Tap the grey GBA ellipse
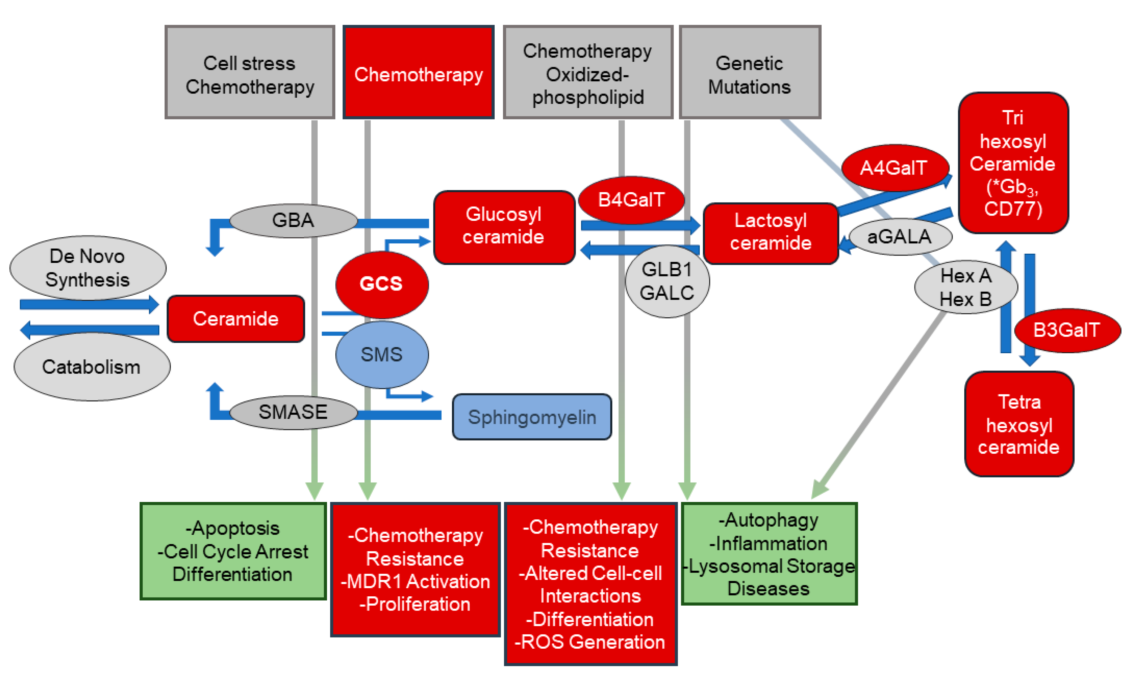click(293, 221)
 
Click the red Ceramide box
click(235, 319)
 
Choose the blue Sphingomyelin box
click(531, 417)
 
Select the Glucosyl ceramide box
click(504, 227)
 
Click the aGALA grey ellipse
click(899, 237)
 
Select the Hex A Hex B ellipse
click(966, 288)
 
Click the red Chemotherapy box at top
click(418, 73)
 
